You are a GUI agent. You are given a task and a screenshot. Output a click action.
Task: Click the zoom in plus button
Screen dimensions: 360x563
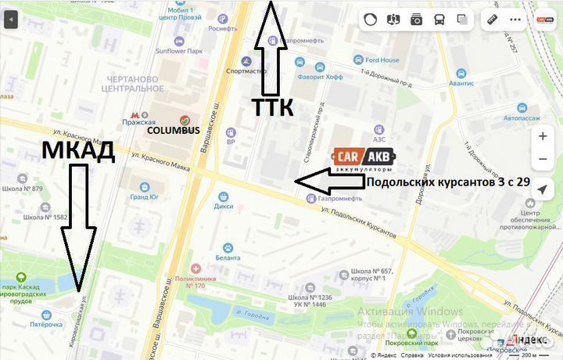coord(543,135)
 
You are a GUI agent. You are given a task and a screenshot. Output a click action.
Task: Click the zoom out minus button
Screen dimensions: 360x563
coord(543,160)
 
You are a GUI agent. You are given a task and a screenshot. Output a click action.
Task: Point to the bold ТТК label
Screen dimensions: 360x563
coord(272,107)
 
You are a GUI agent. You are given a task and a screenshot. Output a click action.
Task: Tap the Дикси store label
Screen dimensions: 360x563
coord(224,207)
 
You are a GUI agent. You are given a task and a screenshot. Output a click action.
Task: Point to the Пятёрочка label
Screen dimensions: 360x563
coord(45,323)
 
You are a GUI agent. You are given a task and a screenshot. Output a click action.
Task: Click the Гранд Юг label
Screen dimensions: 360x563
coord(144,197)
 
